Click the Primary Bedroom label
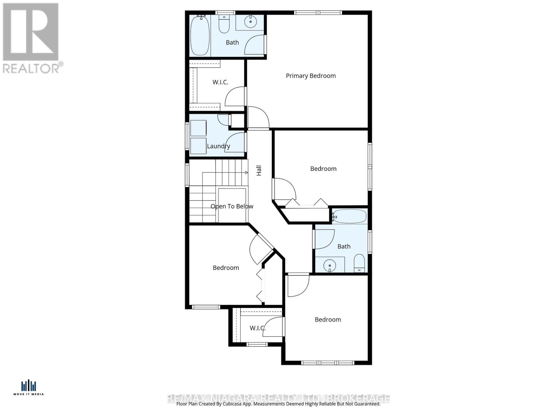pos(311,76)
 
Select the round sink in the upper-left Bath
pos(250,22)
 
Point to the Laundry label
pos(218,146)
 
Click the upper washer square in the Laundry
pos(198,128)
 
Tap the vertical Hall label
pos(259,170)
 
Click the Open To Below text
pos(232,206)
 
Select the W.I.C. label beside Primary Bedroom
pos(220,82)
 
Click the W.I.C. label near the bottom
pos(257,328)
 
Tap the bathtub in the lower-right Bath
pos(349,217)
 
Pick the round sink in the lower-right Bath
pos(329,266)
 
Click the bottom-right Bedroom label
pos(328,319)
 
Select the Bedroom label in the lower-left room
pos(226,268)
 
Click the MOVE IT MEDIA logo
pos(29,388)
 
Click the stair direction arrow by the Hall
pos(246,172)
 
